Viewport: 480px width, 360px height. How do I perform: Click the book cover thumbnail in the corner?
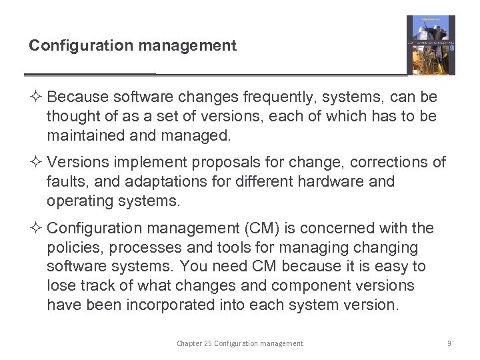[x=431, y=45]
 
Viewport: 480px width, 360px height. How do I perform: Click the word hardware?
[x=329, y=181]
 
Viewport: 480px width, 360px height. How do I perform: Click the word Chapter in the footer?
[x=189, y=343]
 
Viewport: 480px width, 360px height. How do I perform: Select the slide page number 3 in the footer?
[x=449, y=343]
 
